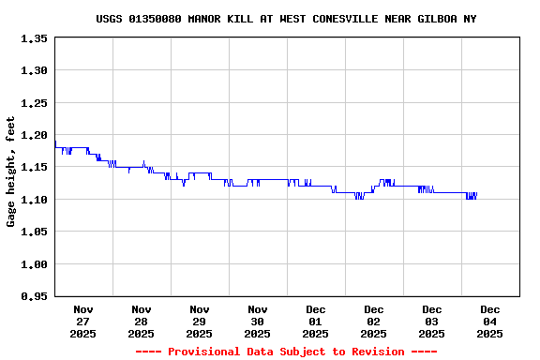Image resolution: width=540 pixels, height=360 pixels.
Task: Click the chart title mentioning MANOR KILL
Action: (x=286, y=19)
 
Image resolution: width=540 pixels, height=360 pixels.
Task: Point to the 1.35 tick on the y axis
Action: (x=32, y=38)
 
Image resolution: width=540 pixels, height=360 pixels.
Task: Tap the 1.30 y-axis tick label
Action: (x=32, y=70)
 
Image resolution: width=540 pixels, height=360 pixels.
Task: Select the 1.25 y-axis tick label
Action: (x=32, y=103)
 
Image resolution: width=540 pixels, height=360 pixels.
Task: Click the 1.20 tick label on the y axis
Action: (x=32, y=135)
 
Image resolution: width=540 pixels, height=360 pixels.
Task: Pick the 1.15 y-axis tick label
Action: (x=32, y=168)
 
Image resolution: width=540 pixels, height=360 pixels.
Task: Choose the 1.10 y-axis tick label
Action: (x=32, y=200)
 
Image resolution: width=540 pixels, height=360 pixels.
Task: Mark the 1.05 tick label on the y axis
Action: (x=32, y=232)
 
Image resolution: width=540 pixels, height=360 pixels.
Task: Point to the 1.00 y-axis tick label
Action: (x=32, y=264)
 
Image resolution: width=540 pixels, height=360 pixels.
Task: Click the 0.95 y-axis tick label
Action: (x=32, y=296)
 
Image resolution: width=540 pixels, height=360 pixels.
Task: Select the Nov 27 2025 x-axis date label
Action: (x=83, y=321)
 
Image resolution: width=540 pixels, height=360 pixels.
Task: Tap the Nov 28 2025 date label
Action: (x=142, y=321)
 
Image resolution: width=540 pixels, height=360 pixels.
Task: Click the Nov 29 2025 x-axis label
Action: (x=200, y=321)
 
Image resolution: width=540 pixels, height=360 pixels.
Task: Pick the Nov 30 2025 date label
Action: (x=258, y=321)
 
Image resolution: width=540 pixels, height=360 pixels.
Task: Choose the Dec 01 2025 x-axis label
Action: (x=316, y=321)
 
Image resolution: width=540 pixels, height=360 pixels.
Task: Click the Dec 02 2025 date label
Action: (x=374, y=321)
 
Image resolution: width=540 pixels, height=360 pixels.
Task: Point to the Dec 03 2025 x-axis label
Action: (x=432, y=321)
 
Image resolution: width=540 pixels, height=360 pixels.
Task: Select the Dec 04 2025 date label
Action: (x=490, y=321)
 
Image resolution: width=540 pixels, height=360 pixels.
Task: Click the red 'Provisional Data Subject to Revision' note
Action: (x=286, y=352)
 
